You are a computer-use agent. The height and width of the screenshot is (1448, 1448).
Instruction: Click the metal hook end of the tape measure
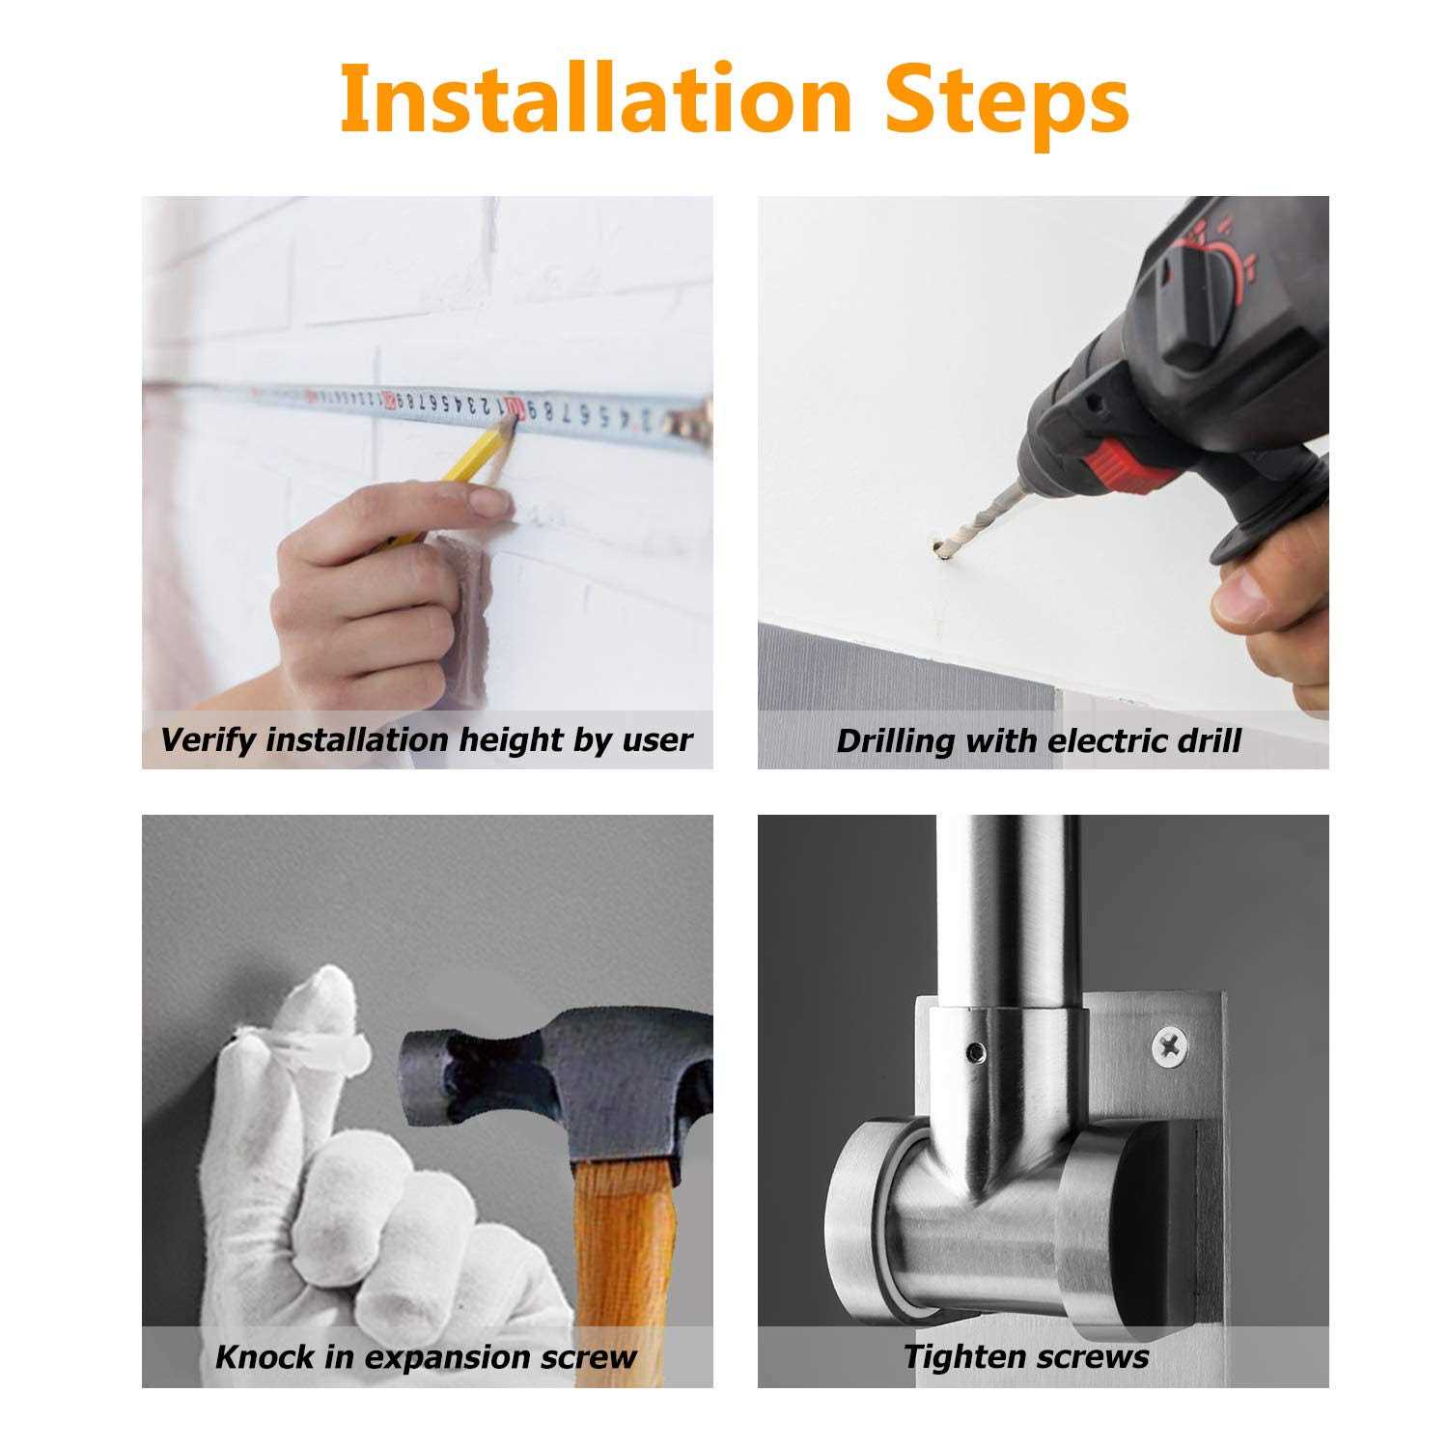(695, 418)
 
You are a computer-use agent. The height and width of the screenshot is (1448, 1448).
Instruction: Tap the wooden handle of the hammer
(628, 1274)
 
